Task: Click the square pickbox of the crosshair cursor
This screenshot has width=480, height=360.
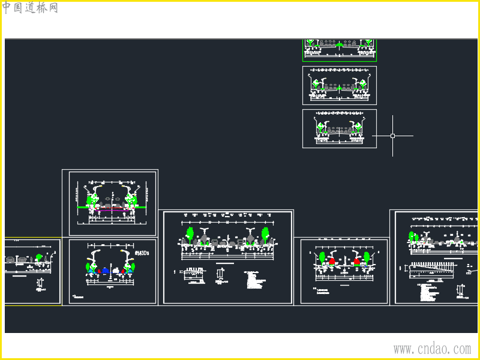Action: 393,136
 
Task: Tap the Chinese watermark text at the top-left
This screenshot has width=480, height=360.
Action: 30,8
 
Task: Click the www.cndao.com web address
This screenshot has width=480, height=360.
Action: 432,349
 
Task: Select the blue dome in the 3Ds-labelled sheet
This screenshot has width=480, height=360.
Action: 106,271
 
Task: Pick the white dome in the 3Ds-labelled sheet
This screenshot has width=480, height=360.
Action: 116,271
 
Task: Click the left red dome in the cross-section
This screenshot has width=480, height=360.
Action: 332,262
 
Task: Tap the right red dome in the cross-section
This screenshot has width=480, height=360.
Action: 357,262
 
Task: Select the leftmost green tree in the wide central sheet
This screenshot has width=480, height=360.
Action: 190,233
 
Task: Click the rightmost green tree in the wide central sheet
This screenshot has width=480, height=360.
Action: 265,233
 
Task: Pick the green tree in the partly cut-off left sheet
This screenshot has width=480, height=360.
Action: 39,257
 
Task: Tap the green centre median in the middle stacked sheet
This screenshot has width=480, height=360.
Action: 340,88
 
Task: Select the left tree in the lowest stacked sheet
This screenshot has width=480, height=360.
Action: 321,126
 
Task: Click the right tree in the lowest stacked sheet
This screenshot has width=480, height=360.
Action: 358,126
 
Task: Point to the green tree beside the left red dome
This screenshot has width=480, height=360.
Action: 322,257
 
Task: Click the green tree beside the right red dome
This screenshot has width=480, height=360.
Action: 367,257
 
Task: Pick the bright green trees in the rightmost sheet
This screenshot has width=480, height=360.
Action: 413,236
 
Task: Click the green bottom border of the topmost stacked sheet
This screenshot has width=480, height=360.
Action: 340,61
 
